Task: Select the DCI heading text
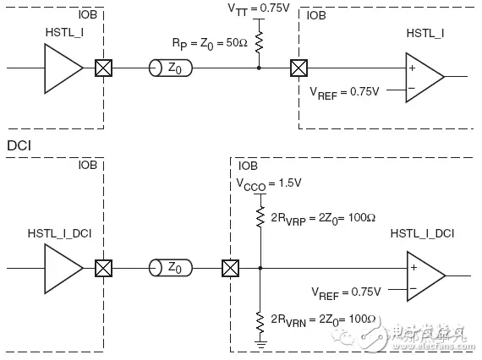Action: (x=19, y=145)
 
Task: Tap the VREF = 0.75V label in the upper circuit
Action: (x=346, y=91)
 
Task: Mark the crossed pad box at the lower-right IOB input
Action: (x=228, y=270)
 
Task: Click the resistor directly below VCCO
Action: (x=261, y=219)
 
